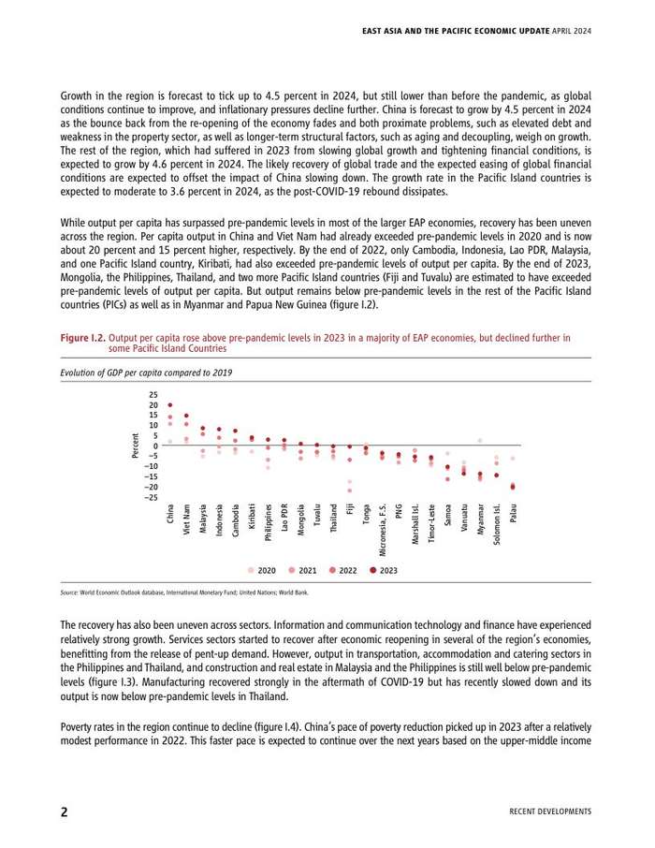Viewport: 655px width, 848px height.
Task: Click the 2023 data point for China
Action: (x=169, y=405)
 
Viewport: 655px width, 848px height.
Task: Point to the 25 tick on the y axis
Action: (x=153, y=395)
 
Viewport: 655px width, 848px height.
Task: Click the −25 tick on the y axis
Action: (x=151, y=497)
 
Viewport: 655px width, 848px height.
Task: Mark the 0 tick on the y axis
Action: (x=156, y=446)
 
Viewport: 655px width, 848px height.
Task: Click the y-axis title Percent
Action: (x=137, y=446)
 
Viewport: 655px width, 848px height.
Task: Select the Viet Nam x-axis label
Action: (x=186, y=517)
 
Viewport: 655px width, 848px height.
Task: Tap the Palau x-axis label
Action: (x=513, y=513)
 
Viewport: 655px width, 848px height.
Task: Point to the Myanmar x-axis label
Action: (x=480, y=519)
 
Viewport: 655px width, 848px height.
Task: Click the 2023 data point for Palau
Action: (x=513, y=487)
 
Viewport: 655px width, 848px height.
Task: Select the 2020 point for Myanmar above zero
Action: (x=480, y=440)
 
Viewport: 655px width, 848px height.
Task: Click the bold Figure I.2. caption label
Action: (x=82, y=336)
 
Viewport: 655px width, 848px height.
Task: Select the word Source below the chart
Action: (x=68, y=592)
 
